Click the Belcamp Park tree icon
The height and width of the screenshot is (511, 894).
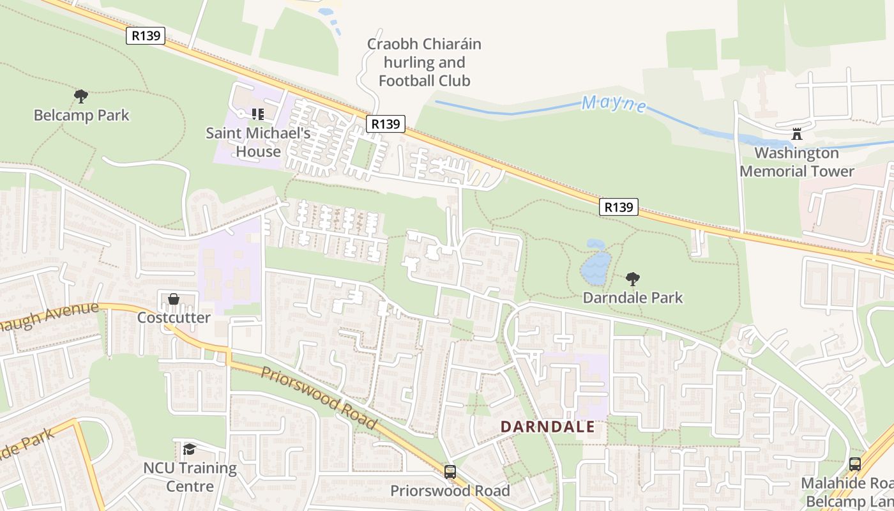pyautogui.click(x=81, y=96)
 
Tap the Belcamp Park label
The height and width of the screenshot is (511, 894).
pyautogui.click(x=82, y=116)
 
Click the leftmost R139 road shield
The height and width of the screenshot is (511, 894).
pyautogui.click(x=146, y=36)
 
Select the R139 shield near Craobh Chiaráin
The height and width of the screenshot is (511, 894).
pyautogui.click(x=386, y=124)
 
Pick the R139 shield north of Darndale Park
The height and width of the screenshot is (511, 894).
pyautogui.click(x=619, y=207)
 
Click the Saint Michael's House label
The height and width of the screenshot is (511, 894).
pyautogui.click(x=258, y=142)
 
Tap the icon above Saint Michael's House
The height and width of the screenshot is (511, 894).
pyautogui.click(x=258, y=114)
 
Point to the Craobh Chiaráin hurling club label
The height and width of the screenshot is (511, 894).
pyautogui.click(x=424, y=63)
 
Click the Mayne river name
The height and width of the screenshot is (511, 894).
pyautogui.click(x=614, y=103)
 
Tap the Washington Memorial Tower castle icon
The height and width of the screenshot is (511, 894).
pyautogui.click(x=796, y=134)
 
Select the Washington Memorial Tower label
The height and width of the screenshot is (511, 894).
pyautogui.click(x=796, y=162)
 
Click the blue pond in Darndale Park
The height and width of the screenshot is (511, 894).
pyautogui.click(x=595, y=266)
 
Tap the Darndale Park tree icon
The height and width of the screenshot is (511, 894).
pyautogui.click(x=633, y=278)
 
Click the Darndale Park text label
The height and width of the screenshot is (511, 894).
pyautogui.click(x=633, y=298)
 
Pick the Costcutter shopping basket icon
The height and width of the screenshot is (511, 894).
pyautogui.click(x=174, y=299)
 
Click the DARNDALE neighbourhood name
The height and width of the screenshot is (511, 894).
pyautogui.click(x=547, y=427)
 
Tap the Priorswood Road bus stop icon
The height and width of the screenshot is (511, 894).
pyautogui.click(x=450, y=472)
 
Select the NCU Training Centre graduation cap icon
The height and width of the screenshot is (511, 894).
pyautogui.click(x=190, y=449)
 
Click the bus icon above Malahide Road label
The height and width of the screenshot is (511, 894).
pyautogui.click(x=855, y=464)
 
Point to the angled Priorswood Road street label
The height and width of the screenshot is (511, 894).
pyautogui.click(x=318, y=397)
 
